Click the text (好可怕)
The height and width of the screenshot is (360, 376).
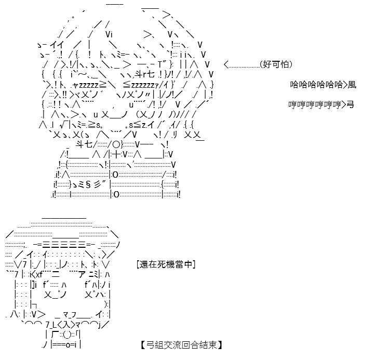point(276,64)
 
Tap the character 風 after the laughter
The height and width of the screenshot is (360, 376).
point(352,85)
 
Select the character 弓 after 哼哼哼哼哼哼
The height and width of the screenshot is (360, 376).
point(351,104)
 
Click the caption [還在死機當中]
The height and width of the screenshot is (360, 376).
point(166,264)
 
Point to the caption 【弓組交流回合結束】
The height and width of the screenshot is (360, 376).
point(182,345)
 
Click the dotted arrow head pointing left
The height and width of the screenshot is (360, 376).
point(226,64)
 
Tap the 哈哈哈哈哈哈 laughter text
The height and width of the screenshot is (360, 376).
point(316,85)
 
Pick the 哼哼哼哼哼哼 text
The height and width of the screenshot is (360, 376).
point(315,104)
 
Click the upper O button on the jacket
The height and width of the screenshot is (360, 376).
point(115,175)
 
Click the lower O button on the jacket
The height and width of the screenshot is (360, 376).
point(116,194)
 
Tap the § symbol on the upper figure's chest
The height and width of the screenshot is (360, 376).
point(88,184)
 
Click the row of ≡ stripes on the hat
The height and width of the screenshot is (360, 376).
point(64,244)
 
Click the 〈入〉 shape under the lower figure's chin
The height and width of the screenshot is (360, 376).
point(65,325)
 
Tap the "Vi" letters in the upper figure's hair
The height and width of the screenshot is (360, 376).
point(109,34)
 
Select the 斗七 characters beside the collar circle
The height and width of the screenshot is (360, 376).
point(84,144)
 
